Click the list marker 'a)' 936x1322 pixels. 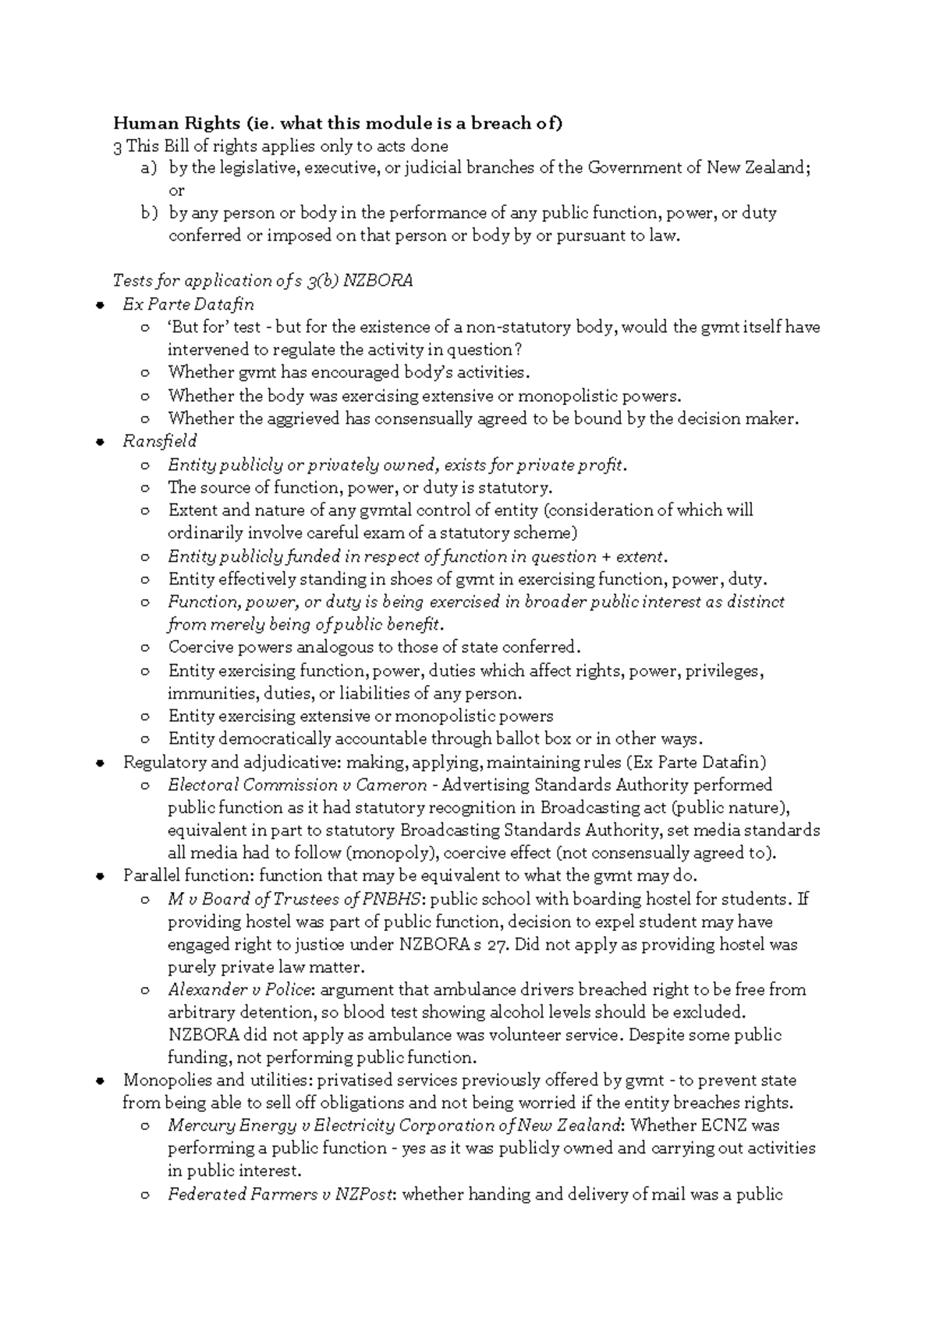[x=148, y=168]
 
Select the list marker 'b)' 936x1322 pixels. [x=149, y=213]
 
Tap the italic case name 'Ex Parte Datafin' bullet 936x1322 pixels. [x=188, y=304]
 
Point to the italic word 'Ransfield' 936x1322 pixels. [x=160, y=441]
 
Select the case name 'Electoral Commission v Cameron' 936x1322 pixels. [x=297, y=785]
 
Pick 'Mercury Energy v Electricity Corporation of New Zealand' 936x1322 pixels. [x=395, y=1126]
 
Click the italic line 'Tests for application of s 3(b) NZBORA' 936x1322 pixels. [x=263, y=281]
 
